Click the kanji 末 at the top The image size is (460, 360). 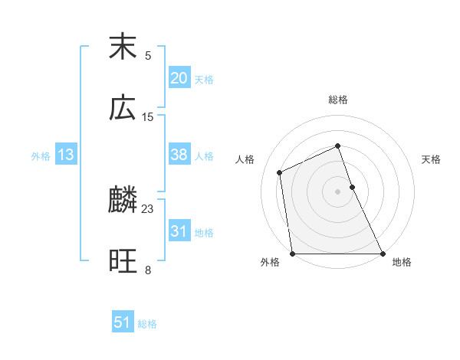pos(123,47)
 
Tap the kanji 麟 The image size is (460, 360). pos(123,201)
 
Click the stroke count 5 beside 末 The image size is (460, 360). pos(148,56)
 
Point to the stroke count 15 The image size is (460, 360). pos(148,117)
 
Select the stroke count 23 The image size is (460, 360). pos(148,209)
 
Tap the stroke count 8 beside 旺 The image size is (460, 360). pos(148,270)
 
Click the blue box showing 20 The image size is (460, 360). pos(179,78)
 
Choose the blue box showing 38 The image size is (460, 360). pos(179,155)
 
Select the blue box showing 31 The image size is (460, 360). pos(179,231)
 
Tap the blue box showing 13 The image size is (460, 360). pos(66,155)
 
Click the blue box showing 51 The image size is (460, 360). pos(123,322)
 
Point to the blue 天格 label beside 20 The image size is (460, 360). pos(204,80)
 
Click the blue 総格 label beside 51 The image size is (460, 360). pos(147,324)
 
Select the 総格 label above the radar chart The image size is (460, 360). pos(338,100)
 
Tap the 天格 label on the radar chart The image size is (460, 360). pos(431,159)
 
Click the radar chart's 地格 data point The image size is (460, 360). pos(383,254)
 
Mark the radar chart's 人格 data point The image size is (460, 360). pos(280,172)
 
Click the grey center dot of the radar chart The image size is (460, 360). pos(338,191)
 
